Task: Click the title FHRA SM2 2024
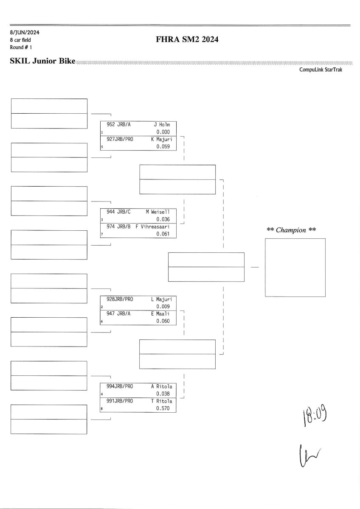[x=187, y=40]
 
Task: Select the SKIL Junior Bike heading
[x=42, y=62]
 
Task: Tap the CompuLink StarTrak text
[x=321, y=70]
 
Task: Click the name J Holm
[x=161, y=125]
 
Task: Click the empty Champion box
[x=295, y=267]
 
